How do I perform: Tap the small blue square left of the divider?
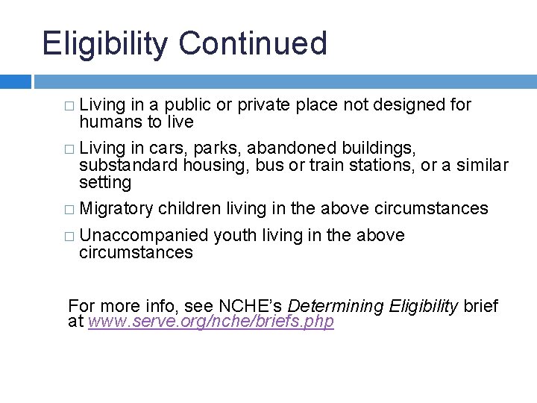[15, 81]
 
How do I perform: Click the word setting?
[105, 183]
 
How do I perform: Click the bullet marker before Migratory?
[69, 209]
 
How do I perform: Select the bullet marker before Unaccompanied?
[69, 236]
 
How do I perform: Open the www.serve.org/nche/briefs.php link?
[211, 322]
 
